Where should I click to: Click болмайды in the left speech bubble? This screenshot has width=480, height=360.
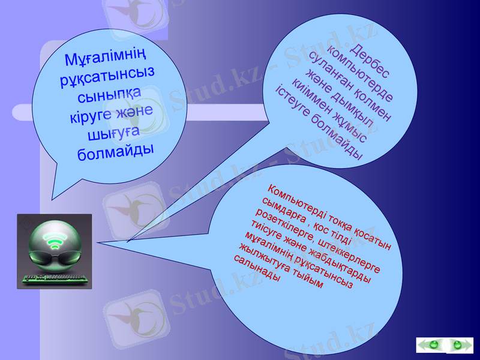tap(116, 150)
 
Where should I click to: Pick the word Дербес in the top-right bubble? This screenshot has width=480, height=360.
tap(370, 61)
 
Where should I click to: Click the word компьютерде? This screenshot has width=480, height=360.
tap(361, 75)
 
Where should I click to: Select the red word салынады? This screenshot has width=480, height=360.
tap(255, 269)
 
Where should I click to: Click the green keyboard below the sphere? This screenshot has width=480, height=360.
tap(54, 278)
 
